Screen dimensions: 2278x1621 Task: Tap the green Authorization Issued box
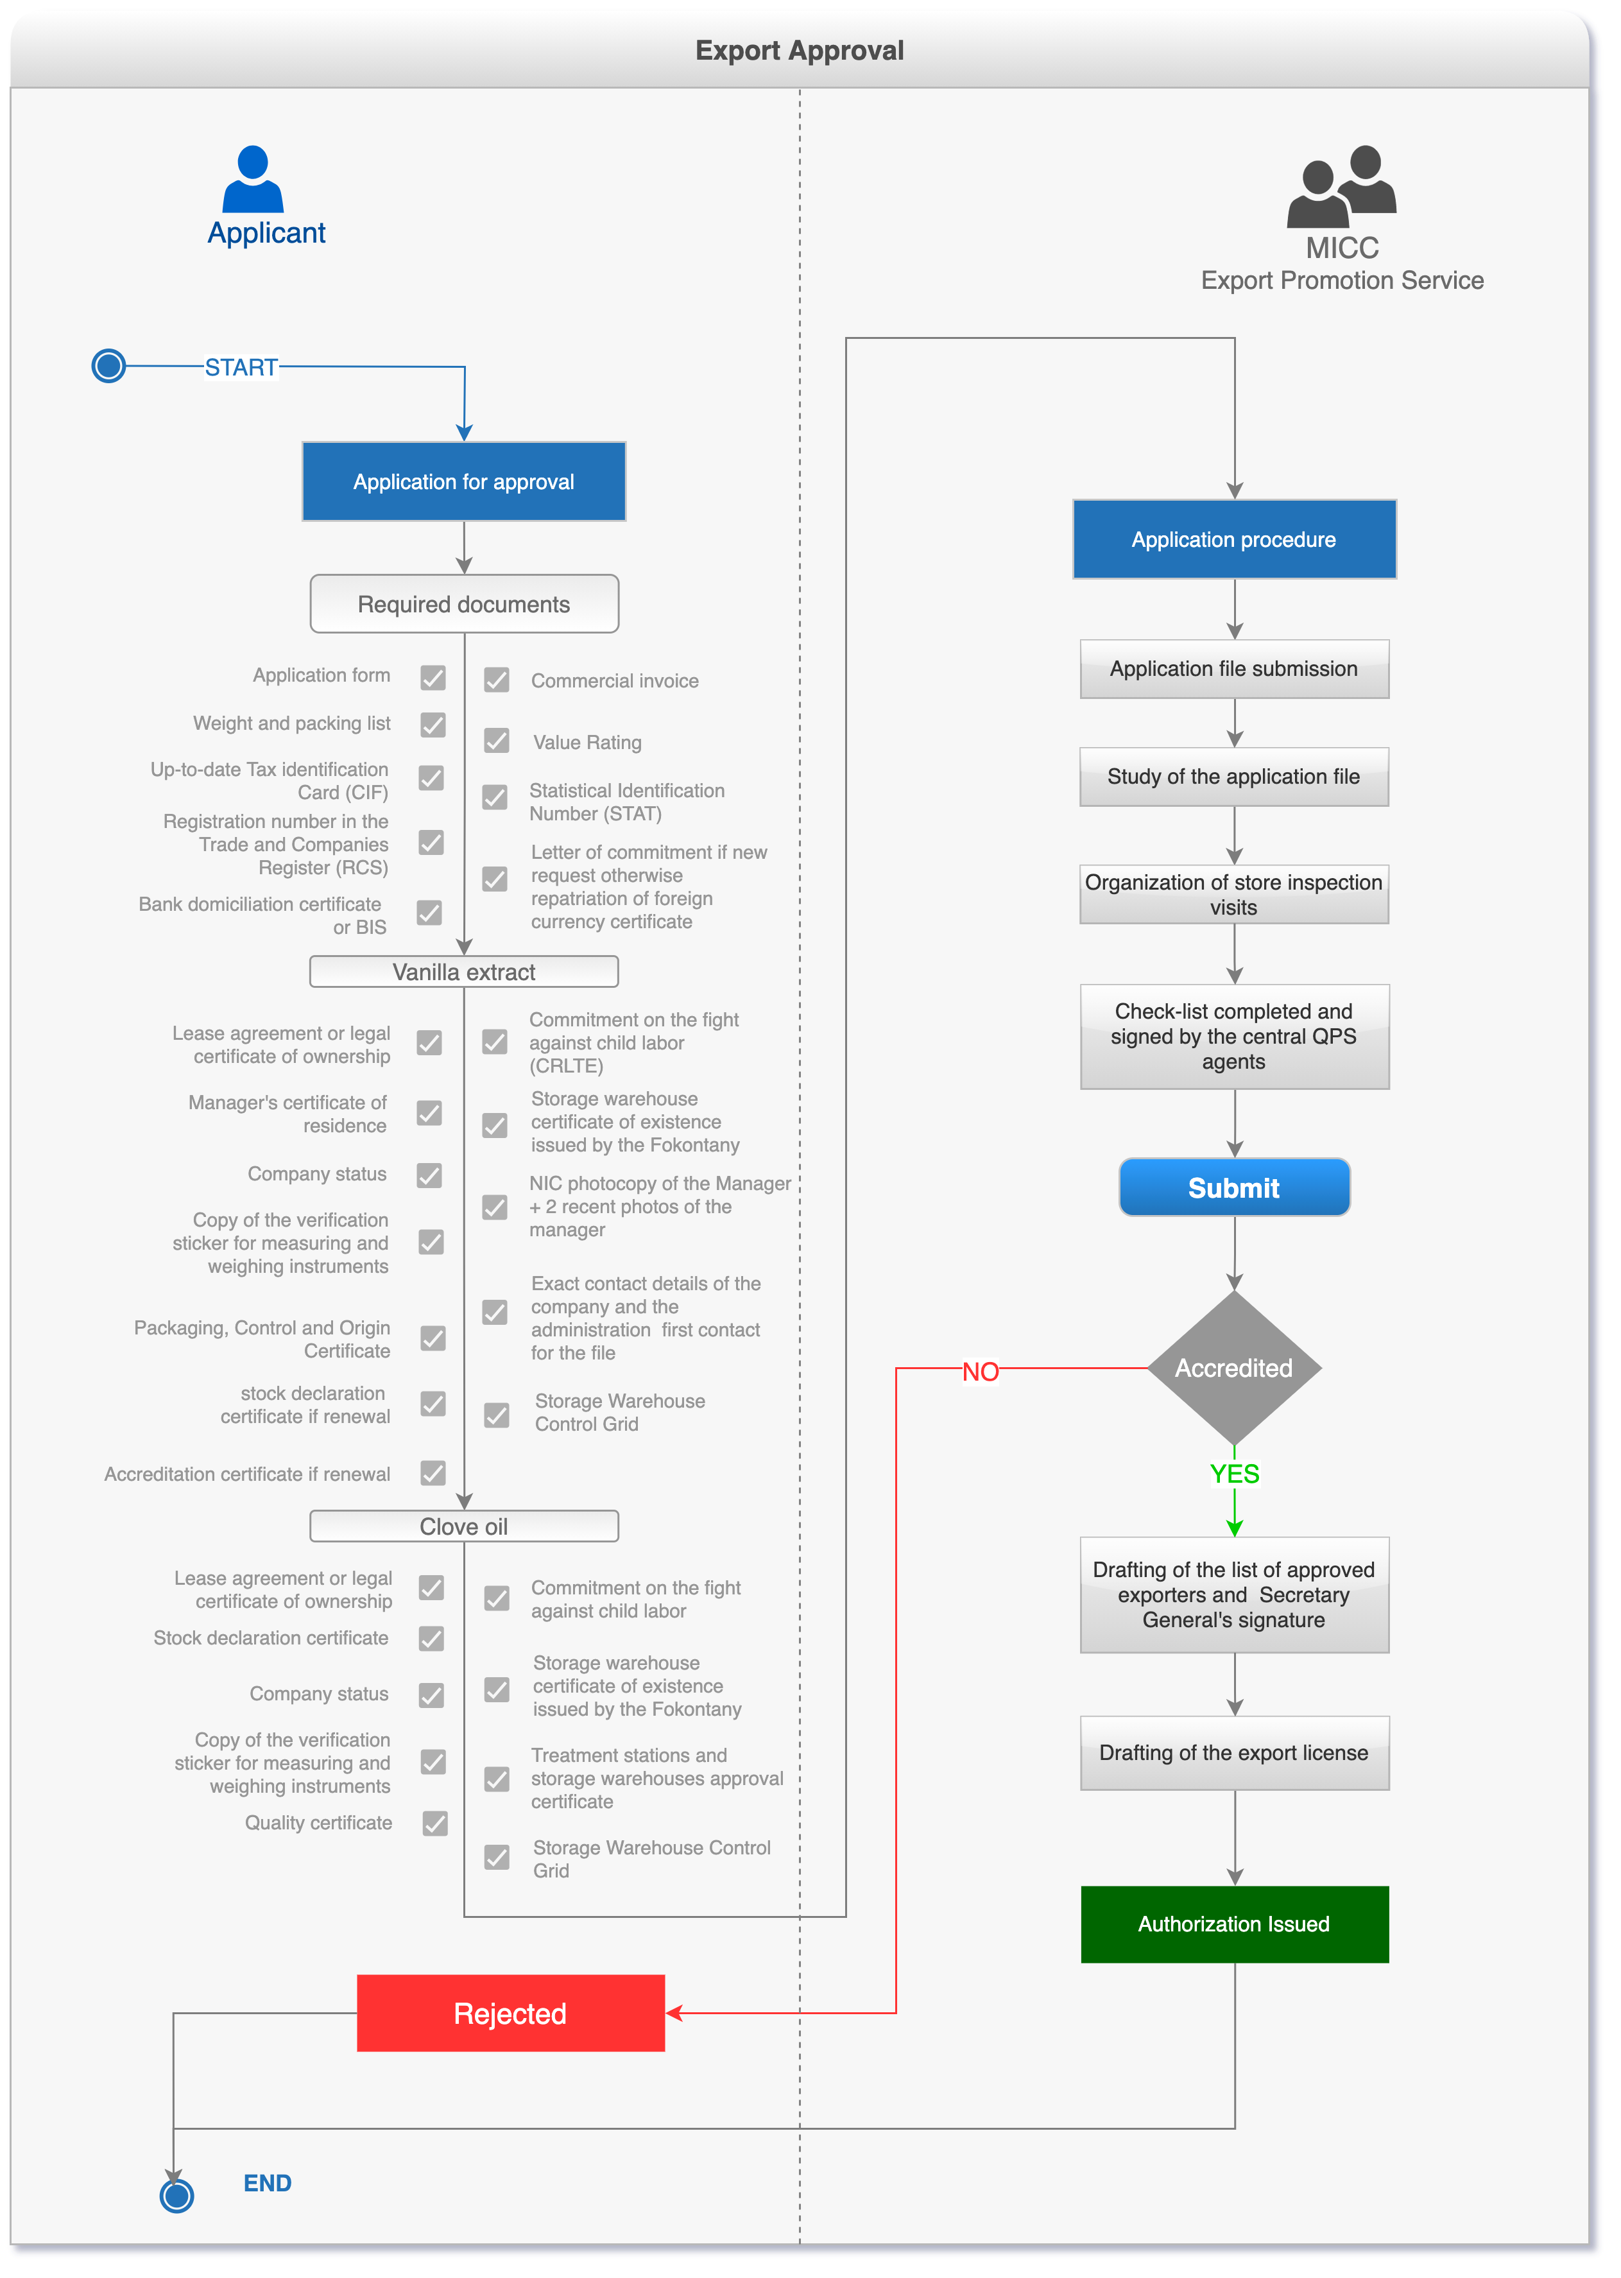click(1233, 1924)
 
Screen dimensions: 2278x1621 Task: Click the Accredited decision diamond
click(1233, 1368)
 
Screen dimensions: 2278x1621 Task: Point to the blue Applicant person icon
click(253, 180)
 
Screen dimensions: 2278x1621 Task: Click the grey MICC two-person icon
click(1341, 186)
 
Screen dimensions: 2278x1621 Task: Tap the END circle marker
click(176, 2195)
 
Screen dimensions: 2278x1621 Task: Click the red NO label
click(980, 1372)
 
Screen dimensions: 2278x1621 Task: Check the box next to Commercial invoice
click(496, 680)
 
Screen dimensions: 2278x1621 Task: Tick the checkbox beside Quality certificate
click(435, 1823)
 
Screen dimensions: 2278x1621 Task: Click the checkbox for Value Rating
click(496, 741)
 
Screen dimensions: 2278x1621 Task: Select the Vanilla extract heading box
click(463, 971)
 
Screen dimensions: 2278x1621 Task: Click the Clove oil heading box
click(463, 1526)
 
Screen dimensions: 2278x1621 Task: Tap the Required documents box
click(463, 604)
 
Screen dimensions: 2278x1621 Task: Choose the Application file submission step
click(1233, 669)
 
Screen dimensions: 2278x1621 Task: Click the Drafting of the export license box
click(1233, 1753)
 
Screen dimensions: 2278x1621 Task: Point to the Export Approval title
click(800, 50)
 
